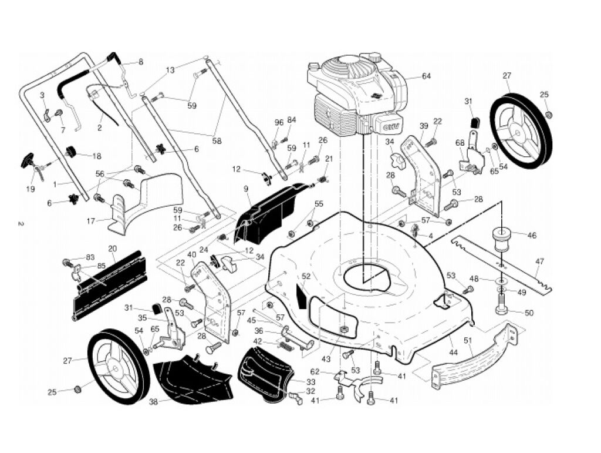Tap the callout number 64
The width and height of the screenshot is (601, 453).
[426, 76]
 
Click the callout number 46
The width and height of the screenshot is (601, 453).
[532, 236]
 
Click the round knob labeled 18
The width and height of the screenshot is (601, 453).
[73, 153]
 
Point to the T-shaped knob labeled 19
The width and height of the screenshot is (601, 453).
[29, 160]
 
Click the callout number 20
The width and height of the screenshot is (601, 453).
[112, 249]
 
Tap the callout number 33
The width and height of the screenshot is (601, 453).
[310, 381]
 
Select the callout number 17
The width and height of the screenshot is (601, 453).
[91, 221]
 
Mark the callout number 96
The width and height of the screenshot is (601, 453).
[279, 122]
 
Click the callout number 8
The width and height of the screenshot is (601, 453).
[140, 61]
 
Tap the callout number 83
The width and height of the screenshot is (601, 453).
[90, 257]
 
